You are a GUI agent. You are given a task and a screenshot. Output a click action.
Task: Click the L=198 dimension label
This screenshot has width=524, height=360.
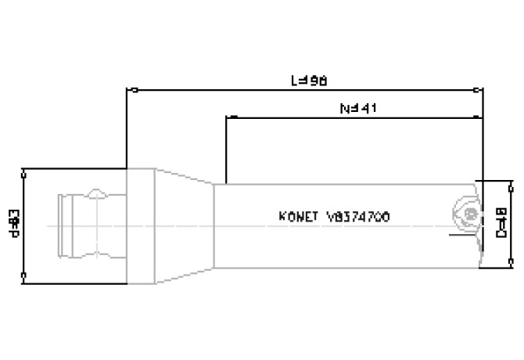coord(308,81)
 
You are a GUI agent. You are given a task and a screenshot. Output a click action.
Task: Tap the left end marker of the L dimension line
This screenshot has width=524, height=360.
coord(127,89)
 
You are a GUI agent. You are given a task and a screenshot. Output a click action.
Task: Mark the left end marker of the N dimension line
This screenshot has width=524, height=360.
coord(225,117)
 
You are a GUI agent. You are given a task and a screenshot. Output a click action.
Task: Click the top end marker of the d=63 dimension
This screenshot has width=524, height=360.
coord(25,169)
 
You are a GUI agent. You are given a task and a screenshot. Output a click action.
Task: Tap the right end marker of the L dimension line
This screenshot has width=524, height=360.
coord(482,89)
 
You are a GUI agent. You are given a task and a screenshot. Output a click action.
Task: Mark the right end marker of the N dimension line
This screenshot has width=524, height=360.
coord(482,117)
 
